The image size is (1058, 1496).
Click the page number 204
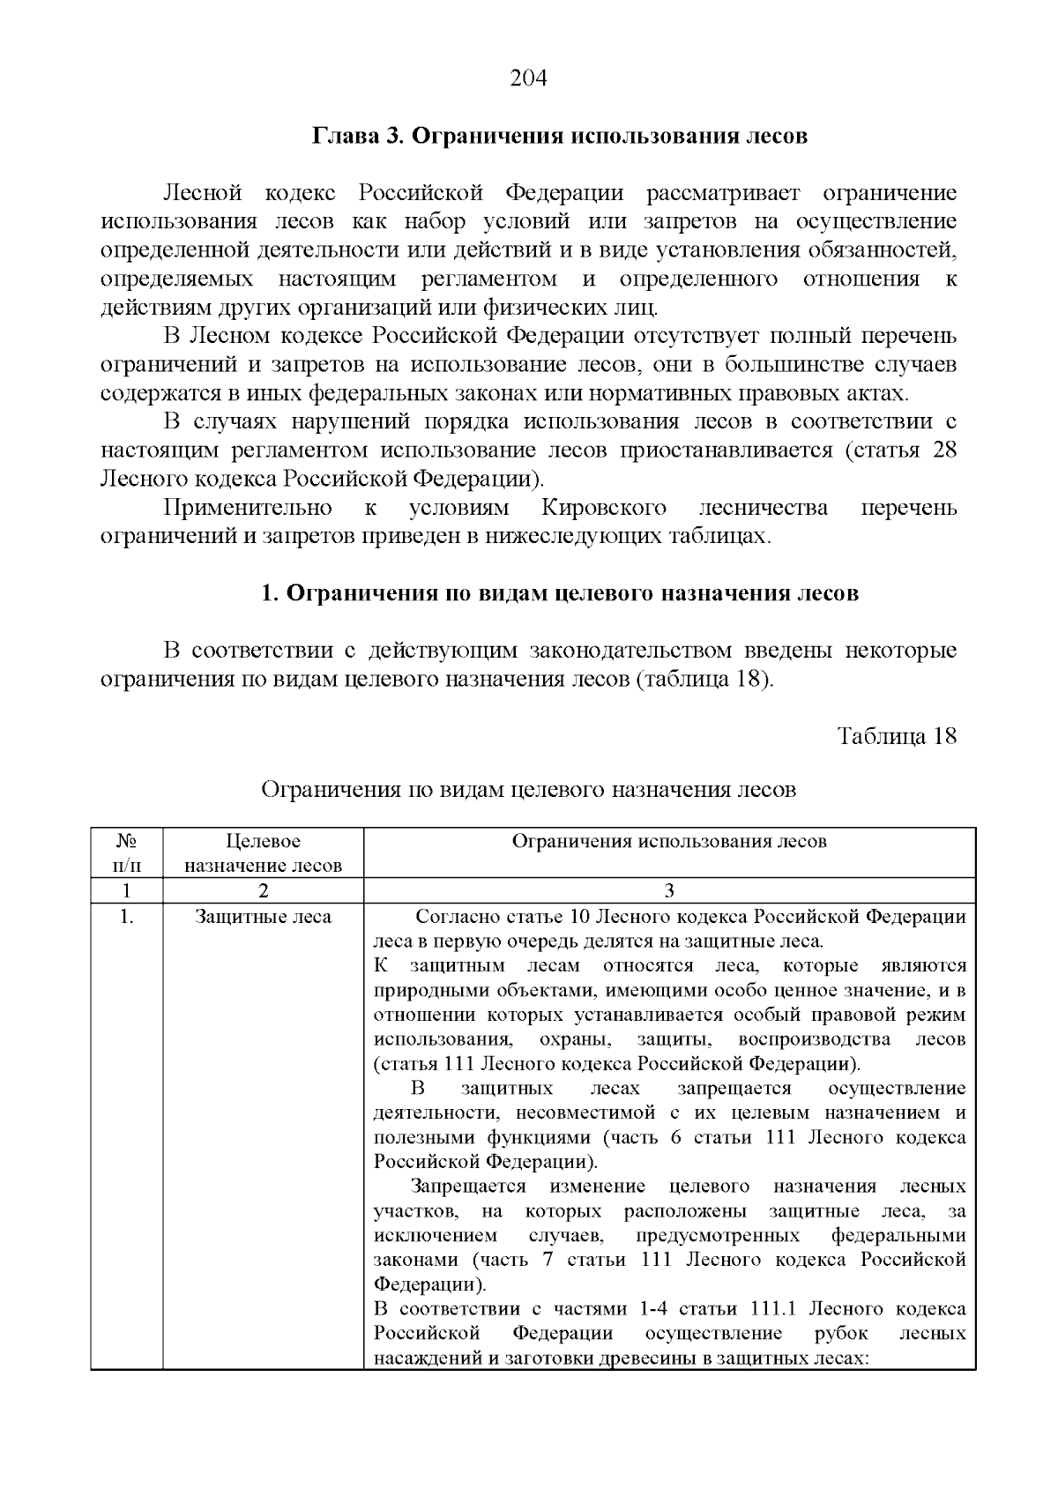529,78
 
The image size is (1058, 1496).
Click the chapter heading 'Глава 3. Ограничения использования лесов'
560,137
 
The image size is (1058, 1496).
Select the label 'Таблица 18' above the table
897,736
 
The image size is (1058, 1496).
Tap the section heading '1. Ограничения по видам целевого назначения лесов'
560,593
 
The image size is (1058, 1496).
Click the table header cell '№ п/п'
126,852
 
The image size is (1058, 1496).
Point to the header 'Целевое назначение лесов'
263,852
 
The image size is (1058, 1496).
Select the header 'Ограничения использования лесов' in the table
669,841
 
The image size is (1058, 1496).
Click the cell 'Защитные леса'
263,917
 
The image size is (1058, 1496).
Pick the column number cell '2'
263,890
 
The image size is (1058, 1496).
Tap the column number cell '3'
669,890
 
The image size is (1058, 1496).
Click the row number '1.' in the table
126,917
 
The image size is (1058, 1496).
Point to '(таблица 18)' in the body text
704,680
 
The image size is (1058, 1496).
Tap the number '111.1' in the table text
773,1309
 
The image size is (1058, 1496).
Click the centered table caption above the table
528,790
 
